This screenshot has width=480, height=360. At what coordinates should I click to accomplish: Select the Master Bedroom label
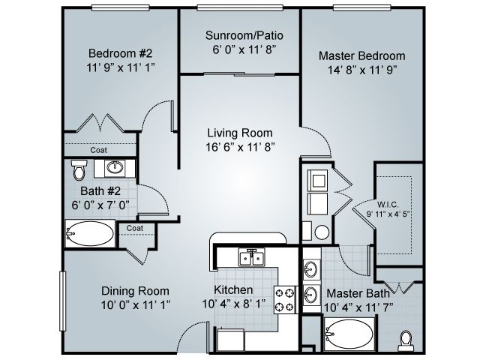tap(361, 56)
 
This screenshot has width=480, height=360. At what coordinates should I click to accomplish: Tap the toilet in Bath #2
tap(78, 170)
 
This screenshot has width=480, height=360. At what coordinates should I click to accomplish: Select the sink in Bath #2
tap(115, 166)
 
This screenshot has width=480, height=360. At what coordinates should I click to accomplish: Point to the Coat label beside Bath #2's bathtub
tap(135, 228)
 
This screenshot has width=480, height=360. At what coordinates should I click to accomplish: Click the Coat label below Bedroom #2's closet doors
tap(99, 149)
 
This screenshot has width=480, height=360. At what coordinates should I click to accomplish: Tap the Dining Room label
tap(135, 291)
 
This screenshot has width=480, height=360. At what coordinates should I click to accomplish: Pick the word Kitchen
tap(234, 290)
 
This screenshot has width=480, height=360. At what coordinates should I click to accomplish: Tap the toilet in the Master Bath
tap(407, 340)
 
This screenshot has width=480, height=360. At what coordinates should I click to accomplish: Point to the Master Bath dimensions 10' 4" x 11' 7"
tap(357, 307)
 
